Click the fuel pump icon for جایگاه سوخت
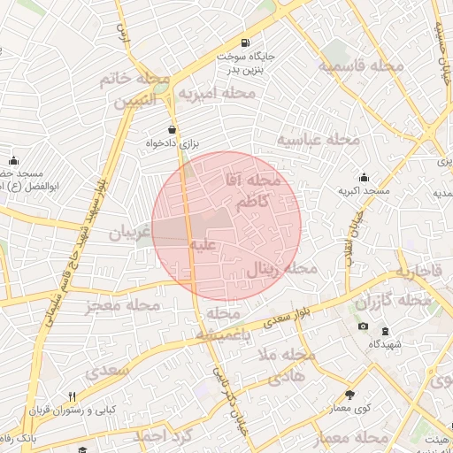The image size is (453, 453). (x=244, y=42)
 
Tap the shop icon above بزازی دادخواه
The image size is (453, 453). (x=160, y=129)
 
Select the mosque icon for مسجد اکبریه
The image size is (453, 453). (x=364, y=178)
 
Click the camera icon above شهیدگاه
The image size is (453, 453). (x=363, y=327)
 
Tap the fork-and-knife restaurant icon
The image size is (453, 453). (x=73, y=396)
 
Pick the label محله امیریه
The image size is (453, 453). (x=211, y=93)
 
